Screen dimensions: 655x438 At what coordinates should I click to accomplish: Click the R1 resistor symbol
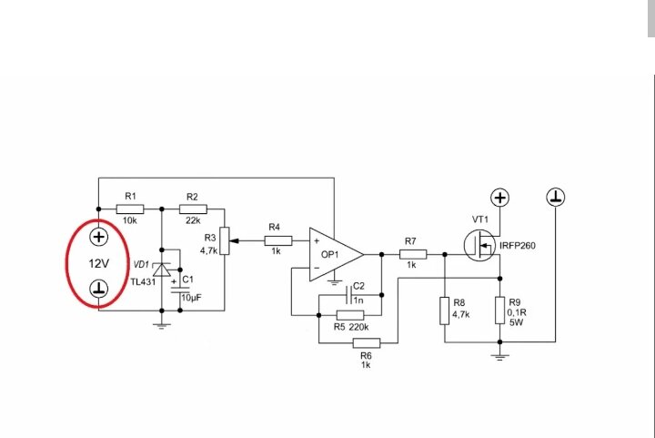pyautogui.click(x=130, y=209)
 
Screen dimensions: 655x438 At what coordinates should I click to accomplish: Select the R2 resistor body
pyautogui.click(x=193, y=209)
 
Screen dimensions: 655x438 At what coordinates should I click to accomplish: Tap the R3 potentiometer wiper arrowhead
pyautogui.click(x=234, y=240)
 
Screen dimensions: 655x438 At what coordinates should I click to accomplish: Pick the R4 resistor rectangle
pyautogui.click(x=278, y=240)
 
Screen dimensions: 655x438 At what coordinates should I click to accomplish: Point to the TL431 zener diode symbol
pyautogui.click(x=162, y=270)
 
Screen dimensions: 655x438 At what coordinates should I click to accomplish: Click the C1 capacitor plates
pyautogui.click(x=180, y=290)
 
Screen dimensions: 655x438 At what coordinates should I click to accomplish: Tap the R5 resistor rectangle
pyautogui.click(x=350, y=315)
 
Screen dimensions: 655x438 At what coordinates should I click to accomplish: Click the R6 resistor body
pyautogui.click(x=367, y=343)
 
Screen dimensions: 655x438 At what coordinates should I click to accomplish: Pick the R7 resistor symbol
pyautogui.click(x=413, y=254)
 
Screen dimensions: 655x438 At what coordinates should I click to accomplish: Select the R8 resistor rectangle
pyautogui.click(x=445, y=311)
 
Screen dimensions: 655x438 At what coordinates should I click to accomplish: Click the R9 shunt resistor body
pyautogui.click(x=500, y=311)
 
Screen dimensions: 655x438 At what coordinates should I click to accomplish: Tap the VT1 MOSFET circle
pyautogui.click(x=480, y=245)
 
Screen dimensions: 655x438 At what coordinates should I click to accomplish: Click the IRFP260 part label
pyautogui.click(x=517, y=246)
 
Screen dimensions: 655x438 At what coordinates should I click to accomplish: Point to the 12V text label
pyautogui.click(x=99, y=264)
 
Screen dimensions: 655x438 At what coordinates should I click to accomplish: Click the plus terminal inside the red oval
pyautogui.click(x=98, y=237)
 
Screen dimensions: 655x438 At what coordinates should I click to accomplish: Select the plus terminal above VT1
pyautogui.click(x=500, y=198)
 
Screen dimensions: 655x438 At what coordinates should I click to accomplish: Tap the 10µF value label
pyautogui.click(x=191, y=298)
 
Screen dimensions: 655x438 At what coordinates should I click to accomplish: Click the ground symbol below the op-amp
pyautogui.click(x=334, y=282)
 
